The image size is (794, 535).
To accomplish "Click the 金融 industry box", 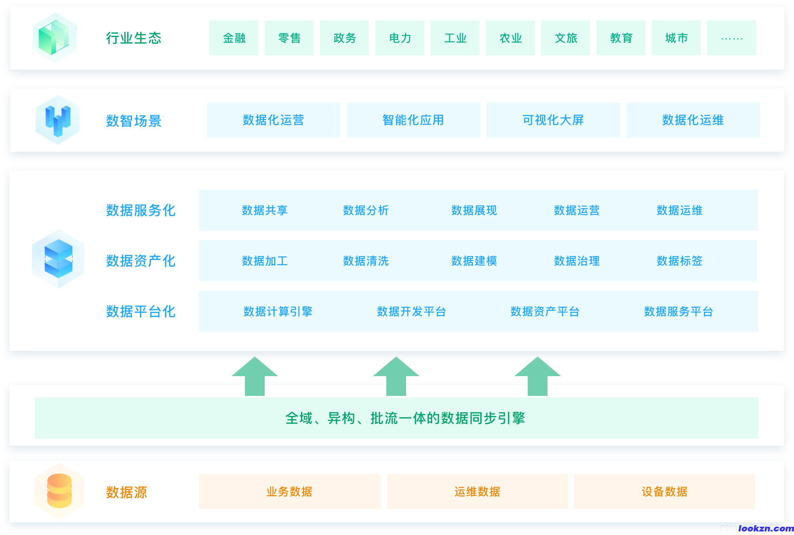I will point(234,38).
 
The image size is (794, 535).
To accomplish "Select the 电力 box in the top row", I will point(400,38).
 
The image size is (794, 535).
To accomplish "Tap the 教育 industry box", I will point(621,38).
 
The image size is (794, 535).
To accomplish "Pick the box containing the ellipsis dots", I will point(732,38).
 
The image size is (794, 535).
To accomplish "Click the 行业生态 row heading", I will point(134,38).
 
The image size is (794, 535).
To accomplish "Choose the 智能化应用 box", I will point(413,120).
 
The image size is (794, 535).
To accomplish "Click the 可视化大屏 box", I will point(553,120).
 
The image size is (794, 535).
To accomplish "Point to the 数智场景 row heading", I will point(134,121).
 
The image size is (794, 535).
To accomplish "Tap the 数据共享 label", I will point(265,210).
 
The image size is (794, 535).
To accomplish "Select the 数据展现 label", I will point(474,210).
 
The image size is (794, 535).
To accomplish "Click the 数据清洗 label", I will point(366,261).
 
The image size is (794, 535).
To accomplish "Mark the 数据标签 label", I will point(679,261).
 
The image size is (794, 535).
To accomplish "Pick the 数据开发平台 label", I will point(412,311).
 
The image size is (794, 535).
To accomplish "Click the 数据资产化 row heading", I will point(141,261).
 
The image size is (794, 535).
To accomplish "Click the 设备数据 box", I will point(664,492).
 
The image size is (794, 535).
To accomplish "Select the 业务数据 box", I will point(290,492).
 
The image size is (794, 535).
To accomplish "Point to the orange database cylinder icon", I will point(59,491).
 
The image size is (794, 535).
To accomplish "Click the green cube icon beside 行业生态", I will point(55,38).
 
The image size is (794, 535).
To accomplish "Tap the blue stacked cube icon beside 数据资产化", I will point(58,259).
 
